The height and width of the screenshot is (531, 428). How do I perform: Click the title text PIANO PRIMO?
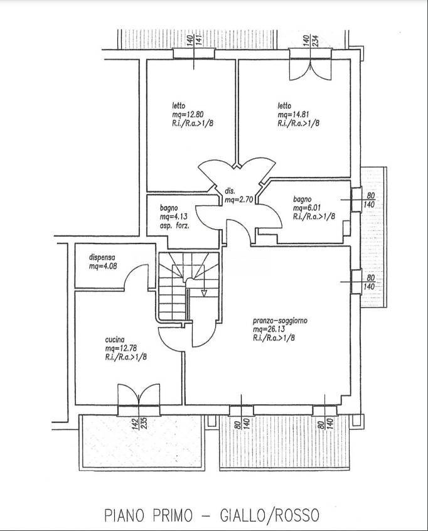tap(148, 515)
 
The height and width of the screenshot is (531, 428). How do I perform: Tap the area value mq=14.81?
tap(294, 114)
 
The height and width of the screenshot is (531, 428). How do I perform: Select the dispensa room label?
tap(102, 257)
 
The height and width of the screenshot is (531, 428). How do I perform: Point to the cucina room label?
tap(115, 340)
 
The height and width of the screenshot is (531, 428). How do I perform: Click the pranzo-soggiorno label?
tap(280, 320)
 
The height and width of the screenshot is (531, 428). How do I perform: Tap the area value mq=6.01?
tap(307, 208)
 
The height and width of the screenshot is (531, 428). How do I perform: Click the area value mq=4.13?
tap(174, 216)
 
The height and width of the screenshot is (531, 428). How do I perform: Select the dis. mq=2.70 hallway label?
tap(238, 196)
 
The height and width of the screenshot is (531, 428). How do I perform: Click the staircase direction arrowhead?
tap(204, 293)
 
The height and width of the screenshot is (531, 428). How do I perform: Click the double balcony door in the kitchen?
tap(139, 395)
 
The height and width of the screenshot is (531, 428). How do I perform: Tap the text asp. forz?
tap(174, 225)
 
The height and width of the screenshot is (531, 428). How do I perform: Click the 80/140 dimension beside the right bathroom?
tap(370, 200)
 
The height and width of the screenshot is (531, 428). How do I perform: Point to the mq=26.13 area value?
tap(264, 329)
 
